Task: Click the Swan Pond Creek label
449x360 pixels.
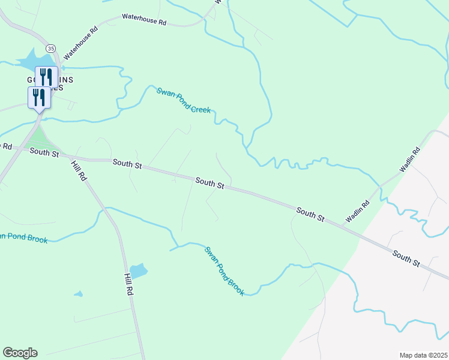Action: tap(183, 100)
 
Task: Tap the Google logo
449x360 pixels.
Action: tap(20, 353)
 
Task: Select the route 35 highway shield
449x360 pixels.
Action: tap(50, 48)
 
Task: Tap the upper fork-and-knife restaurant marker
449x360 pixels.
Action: tap(46, 77)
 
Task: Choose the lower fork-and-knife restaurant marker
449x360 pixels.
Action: tap(39, 97)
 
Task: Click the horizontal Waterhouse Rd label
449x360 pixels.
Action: tap(144, 20)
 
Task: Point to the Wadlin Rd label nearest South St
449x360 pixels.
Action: tap(357, 212)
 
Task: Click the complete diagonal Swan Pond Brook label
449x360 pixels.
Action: tap(224, 271)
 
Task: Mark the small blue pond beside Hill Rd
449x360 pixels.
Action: tap(138, 271)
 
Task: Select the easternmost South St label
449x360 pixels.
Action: tap(406, 259)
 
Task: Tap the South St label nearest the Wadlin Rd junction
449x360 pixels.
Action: tap(310, 214)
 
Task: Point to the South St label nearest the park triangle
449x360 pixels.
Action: tap(44, 154)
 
